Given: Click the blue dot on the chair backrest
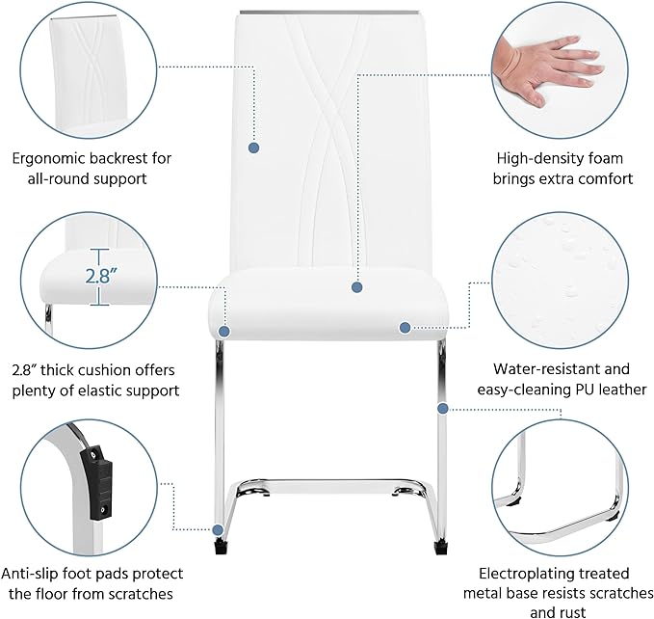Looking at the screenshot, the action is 253,148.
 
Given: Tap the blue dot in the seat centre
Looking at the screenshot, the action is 356,287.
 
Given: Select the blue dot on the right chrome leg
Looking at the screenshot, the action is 443,409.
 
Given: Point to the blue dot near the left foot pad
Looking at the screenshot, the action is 218,530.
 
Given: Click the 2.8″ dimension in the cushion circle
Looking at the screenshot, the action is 101,276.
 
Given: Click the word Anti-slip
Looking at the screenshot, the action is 30,574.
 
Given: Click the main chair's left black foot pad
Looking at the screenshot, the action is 220,546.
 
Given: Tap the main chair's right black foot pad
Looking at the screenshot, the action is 440,547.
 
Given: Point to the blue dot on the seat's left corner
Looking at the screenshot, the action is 224,332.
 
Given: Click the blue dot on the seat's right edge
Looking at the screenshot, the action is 405,328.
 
